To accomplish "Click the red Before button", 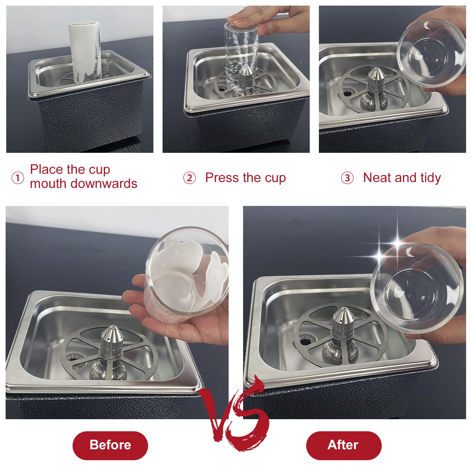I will coord(110,445).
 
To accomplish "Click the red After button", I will coord(343,445).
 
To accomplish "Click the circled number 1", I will coord(17,178).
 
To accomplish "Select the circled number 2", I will coord(189,178).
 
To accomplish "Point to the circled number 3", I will coord(347,178).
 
